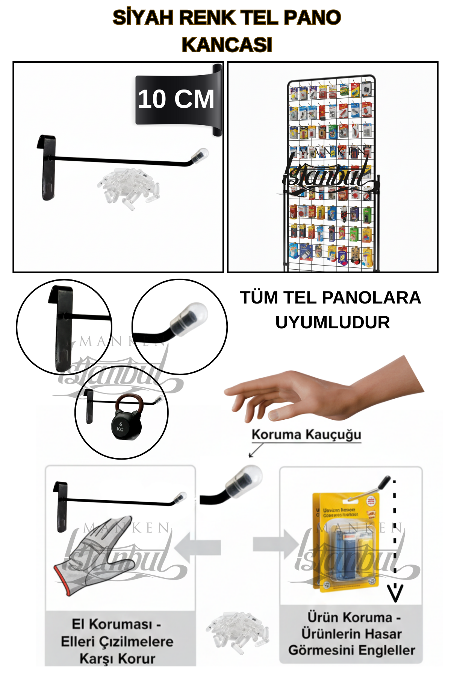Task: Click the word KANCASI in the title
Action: (227, 45)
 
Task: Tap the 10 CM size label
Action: (176, 99)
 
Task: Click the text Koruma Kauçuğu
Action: (306, 434)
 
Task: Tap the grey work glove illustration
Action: (92, 557)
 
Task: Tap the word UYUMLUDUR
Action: (332, 322)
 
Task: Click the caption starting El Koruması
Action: (117, 641)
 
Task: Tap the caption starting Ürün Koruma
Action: (351, 634)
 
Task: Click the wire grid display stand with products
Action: (331, 173)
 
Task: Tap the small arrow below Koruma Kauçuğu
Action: (256, 451)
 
